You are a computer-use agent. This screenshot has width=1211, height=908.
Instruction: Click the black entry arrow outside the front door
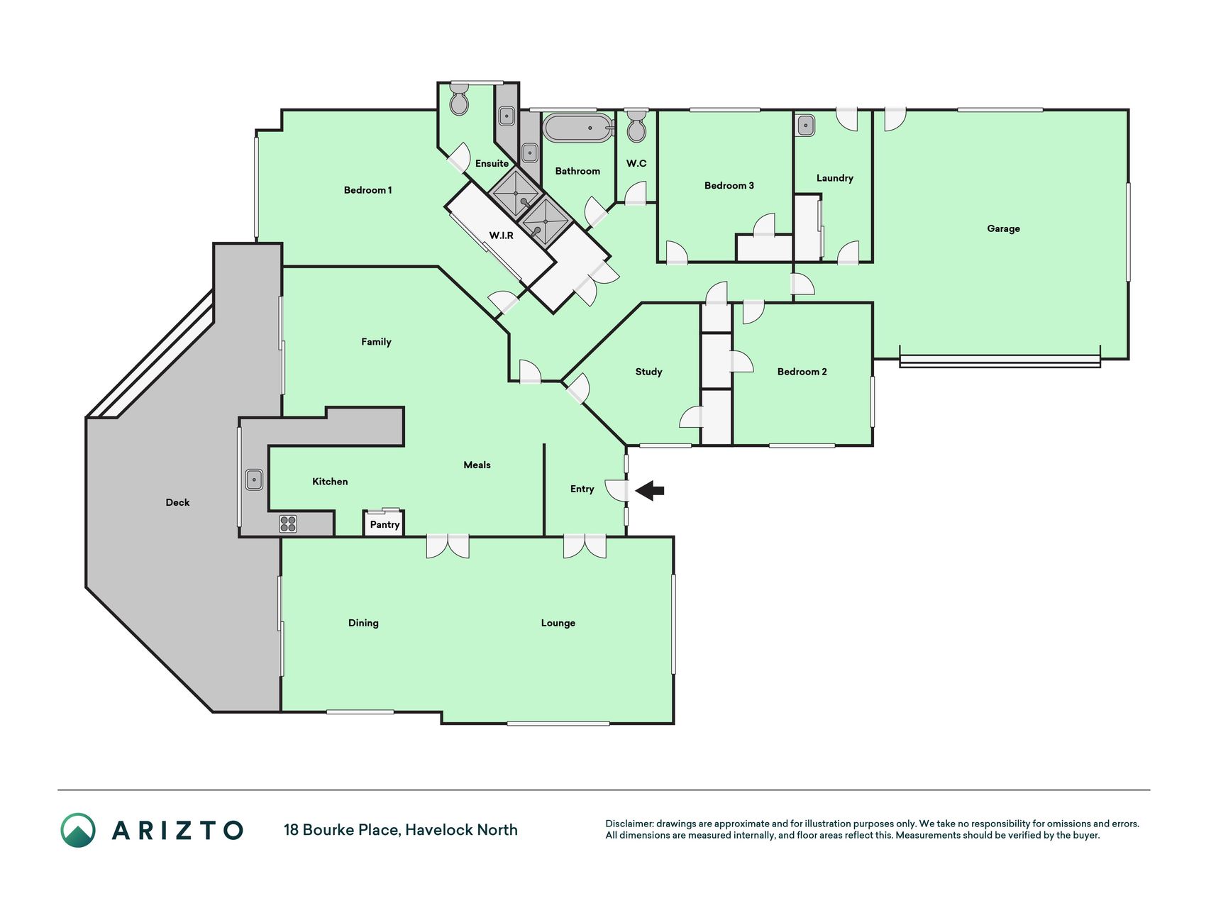(649, 490)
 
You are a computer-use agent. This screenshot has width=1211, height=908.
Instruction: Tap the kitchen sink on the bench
(254, 480)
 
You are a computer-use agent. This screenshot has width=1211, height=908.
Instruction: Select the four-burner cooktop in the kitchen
(288, 524)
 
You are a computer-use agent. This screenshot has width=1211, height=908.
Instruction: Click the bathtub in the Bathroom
(577, 128)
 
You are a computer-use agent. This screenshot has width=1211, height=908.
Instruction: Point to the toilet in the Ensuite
(460, 100)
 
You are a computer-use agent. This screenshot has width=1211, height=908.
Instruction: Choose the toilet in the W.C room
(636, 126)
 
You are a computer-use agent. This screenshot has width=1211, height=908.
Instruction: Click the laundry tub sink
(805, 126)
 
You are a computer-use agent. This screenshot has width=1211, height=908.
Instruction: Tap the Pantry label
(385, 525)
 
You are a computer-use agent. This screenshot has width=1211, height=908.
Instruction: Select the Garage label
(1003, 228)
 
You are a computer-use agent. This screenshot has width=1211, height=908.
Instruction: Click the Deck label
(177, 502)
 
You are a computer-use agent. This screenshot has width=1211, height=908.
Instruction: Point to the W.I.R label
(501, 236)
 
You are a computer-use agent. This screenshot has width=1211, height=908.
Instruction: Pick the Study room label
(648, 372)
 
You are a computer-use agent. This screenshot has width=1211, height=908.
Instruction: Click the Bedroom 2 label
(802, 372)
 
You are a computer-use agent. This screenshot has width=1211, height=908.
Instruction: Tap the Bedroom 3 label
(729, 186)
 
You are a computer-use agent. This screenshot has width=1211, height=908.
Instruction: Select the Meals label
(477, 465)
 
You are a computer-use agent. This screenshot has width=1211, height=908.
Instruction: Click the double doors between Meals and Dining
(448, 546)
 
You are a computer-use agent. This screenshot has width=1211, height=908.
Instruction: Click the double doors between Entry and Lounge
(585, 546)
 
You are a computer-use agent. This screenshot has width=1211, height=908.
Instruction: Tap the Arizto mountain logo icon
(78, 830)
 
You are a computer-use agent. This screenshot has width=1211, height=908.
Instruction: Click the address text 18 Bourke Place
(342, 830)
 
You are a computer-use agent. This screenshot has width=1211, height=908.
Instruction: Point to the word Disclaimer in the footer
(629, 824)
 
